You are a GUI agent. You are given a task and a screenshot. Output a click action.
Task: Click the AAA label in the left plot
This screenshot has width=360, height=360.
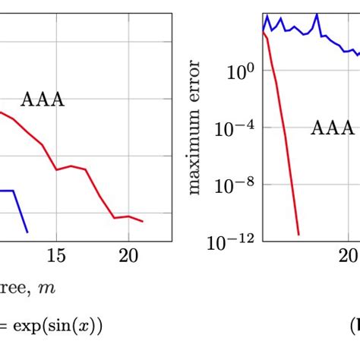tap(42, 100)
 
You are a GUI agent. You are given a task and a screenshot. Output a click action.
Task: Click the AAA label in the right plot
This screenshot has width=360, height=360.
tap(332, 128)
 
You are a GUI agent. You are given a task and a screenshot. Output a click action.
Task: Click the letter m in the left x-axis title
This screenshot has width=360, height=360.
tap(50, 289)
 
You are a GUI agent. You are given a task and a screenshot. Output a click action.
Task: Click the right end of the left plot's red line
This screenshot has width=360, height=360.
tap(143, 222)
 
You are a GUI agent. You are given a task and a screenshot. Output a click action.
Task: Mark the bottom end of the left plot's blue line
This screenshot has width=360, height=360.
tap(28, 232)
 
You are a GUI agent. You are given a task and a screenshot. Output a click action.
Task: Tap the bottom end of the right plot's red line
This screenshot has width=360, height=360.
tap(298, 234)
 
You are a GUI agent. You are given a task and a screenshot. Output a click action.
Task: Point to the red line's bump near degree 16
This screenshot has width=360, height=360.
tap(71, 166)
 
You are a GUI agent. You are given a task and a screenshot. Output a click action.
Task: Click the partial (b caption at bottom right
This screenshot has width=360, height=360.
tap(354, 326)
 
